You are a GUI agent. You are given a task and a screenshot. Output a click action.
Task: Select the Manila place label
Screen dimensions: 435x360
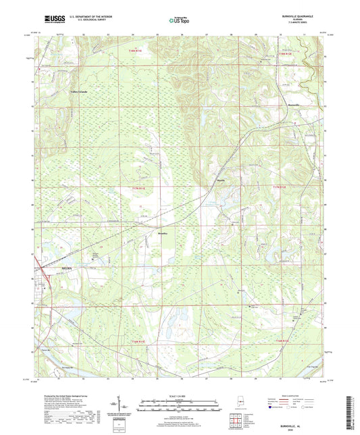(220, 180)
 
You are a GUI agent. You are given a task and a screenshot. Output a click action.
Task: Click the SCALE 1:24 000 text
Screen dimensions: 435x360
(180, 395)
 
